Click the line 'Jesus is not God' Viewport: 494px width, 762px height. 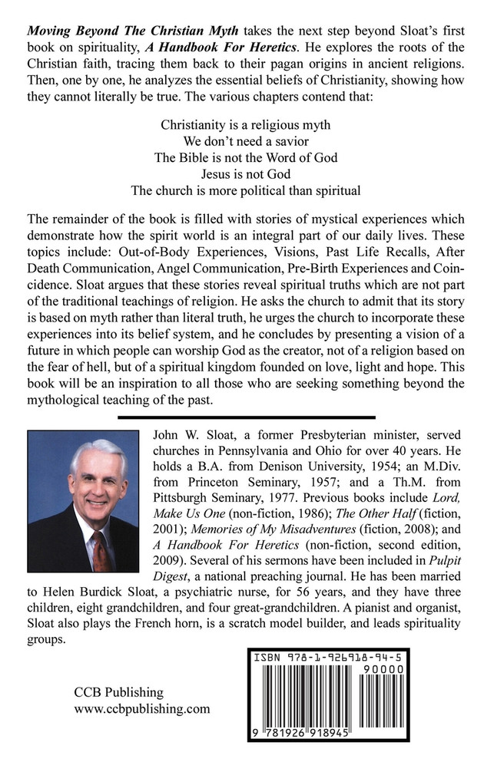(247, 174)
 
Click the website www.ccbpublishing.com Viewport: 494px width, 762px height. (142, 710)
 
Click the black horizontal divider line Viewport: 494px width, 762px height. (247, 417)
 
